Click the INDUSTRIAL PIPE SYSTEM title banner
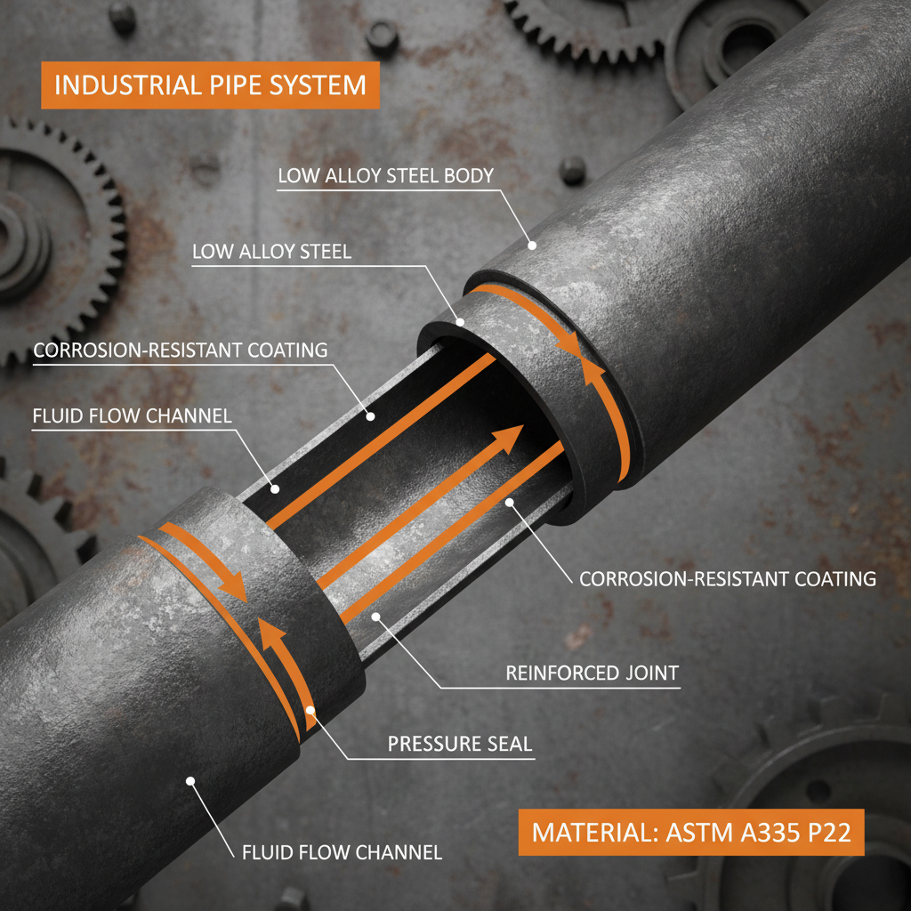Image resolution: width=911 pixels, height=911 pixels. tap(210, 85)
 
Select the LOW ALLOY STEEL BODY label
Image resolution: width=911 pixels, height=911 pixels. tap(385, 175)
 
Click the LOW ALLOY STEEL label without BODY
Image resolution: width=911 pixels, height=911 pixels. tap(271, 253)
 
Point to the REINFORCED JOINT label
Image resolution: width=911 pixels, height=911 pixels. tap(592, 673)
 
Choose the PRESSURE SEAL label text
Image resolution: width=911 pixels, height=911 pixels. tap(460, 743)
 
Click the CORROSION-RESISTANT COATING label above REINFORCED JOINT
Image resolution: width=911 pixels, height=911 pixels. tap(727, 579)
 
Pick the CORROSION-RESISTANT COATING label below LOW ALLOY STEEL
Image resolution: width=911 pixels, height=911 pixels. tap(181, 351)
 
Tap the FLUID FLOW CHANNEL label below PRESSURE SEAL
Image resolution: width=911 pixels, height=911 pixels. tap(342, 852)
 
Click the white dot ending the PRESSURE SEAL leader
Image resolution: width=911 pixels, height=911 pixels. tap(310, 710)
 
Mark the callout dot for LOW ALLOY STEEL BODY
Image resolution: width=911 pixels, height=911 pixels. tap(532, 245)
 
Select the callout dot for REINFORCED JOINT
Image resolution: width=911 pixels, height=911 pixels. tap(376, 616)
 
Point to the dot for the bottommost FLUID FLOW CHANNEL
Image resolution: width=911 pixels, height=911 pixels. tap(189, 780)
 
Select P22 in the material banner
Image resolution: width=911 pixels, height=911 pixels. tap(820, 834)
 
